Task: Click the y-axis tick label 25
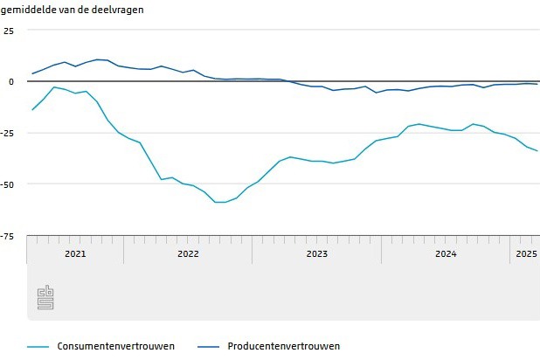tap(9, 31)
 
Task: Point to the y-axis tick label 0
tap(11, 81)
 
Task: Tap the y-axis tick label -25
tap(7, 133)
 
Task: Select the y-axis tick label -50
tap(7, 183)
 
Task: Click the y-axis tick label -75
tap(7, 236)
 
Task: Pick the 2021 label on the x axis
tap(75, 254)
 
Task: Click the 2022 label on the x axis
tap(188, 254)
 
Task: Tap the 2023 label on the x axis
tap(316, 254)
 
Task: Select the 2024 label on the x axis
tap(446, 254)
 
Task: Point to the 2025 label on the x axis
tap(525, 254)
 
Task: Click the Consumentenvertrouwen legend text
tap(115, 346)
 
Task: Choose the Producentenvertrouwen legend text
tap(283, 346)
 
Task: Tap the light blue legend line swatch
tap(38, 347)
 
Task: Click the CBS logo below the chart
tap(45, 298)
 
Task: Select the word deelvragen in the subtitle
tap(118, 10)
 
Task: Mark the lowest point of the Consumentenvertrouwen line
tap(220, 202)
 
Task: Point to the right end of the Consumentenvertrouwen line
tap(537, 151)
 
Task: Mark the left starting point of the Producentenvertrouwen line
tap(32, 73)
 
